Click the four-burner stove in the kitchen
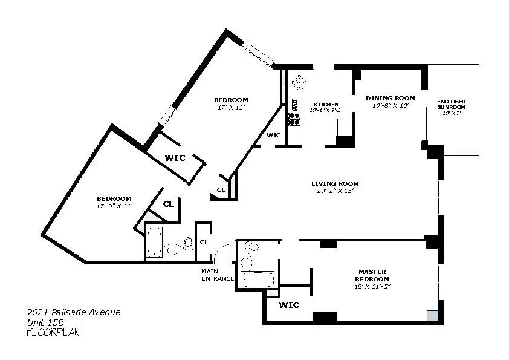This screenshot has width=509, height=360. coord(294,119)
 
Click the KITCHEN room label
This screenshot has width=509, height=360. coord(325,104)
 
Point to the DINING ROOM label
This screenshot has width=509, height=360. coord(391,98)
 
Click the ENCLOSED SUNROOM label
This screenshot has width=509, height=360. coord(451,104)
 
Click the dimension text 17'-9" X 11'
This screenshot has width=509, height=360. coord(114,206)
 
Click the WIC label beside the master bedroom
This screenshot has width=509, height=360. coord(289,306)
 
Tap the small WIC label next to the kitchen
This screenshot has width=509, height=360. coord(273,135)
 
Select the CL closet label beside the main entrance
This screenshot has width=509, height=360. coord(204,242)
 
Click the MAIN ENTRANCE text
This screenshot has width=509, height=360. coord(217,275)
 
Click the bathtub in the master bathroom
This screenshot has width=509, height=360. coord(257,280)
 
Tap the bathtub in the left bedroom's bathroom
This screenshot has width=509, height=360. coord(155,243)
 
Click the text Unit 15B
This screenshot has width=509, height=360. coord(45,322)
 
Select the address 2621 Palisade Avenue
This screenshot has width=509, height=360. coord(74,312)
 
